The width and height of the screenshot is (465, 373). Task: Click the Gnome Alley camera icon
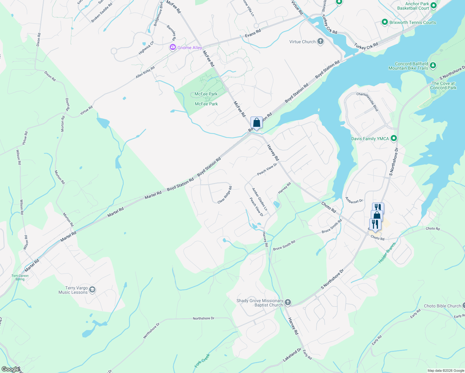pyautogui.click(x=173, y=48)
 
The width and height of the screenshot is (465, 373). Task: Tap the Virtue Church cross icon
pyautogui.click(x=320, y=42)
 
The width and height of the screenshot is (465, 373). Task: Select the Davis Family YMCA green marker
pyautogui.click(x=394, y=138)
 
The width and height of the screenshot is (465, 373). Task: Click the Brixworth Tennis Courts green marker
pyautogui.click(x=385, y=22)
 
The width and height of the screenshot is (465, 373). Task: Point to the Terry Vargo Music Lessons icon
pyautogui.click(x=92, y=290)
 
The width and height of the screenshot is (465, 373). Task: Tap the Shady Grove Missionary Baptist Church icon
pyautogui.click(x=288, y=302)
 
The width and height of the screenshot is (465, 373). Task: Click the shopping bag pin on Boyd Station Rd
pyautogui.click(x=256, y=123)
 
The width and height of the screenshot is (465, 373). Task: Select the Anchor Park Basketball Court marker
pyautogui.click(x=434, y=6)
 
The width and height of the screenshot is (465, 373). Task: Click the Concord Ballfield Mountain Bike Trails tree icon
pyautogui.click(x=433, y=66)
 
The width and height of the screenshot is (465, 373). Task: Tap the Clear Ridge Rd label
pyautogui.click(x=225, y=195)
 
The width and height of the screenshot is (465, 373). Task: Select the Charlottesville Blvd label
pyautogui.click(x=367, y=102)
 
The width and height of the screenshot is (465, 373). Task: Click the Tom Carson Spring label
pyautogui.click(x=20, y=277)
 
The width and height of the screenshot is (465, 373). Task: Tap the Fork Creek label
pyautogui.click(x=202, y=361)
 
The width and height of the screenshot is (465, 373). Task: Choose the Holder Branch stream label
pyautogui.click(x=387, y=253)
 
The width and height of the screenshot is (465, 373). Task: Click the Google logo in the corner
pyautogui.click(x=10, y=369)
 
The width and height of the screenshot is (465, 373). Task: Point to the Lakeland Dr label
pyautogui.click(x=292, y=355)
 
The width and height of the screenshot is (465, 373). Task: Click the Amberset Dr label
pyautogui.click(x=354, y=200)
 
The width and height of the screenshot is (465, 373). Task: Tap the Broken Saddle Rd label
pyautogui.click(x=102, y=13)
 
